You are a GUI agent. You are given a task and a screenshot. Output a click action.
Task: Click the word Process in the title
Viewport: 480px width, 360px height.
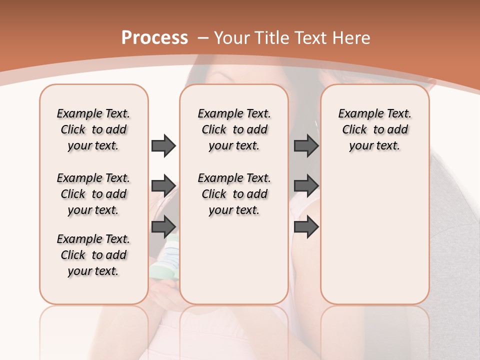coord(154,38)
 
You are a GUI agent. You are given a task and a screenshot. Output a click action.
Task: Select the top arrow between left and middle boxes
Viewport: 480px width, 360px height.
coord(163,145)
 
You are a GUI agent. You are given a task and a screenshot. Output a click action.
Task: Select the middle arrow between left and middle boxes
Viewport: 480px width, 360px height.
coord(163,186)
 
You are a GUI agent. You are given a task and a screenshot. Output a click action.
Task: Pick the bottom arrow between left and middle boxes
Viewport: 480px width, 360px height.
coord(163,226)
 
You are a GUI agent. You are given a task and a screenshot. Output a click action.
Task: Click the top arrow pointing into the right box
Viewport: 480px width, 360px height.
coord(306,145)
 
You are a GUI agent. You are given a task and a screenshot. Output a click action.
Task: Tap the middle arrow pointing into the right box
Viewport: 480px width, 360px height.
coord(306,186)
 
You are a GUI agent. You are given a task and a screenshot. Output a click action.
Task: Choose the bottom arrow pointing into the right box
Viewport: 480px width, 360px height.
coord(306,226)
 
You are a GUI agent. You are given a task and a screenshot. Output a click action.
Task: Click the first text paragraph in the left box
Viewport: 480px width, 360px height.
coord(93,129)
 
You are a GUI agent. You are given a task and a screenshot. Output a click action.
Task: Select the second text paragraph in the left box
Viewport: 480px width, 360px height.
coord(93,194)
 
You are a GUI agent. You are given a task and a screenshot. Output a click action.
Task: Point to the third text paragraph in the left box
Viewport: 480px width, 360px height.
coord(93,255)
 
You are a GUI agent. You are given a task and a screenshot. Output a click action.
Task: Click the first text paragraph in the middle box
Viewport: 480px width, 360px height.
coord(234,129)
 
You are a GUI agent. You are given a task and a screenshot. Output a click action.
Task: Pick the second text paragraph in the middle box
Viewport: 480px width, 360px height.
coord(234,194)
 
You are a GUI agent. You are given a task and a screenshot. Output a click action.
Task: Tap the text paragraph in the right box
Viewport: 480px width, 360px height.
coord(374,129)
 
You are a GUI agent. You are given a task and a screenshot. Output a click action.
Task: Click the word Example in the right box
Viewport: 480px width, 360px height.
coord(357,114)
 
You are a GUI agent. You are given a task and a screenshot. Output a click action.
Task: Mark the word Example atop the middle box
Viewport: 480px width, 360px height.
coord(216,114)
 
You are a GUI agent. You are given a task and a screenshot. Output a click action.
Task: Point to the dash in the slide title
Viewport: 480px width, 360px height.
coord(202,38)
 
